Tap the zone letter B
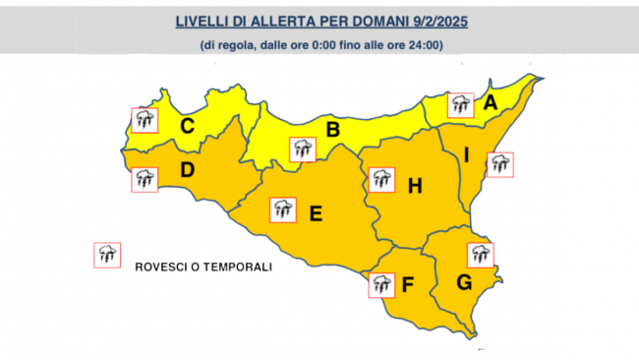(333, 129)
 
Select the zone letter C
(186, 125)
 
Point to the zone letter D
(186, 170)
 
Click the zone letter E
(316, 211)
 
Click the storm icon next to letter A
(460, 104)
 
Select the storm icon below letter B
(302, 150)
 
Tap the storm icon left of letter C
(144, 121)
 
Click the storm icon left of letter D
(144, 180)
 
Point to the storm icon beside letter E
(284, 209)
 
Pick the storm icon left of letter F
(380, 285)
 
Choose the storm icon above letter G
(480, 254)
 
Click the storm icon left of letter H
(380, 180)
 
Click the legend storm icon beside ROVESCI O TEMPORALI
(106, 255)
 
